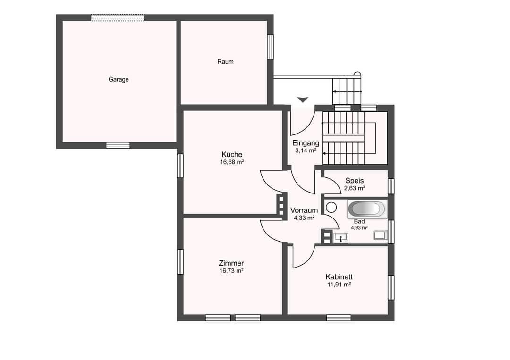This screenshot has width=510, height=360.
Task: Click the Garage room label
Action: click(x=119, y=79)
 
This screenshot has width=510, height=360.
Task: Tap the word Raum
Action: click(x=225, y=61)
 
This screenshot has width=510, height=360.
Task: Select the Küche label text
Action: click(x=232, y=154)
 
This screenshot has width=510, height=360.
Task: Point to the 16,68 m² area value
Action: click(x=232, y=162)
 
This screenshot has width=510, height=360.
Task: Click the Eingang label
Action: click(x=306, y=143)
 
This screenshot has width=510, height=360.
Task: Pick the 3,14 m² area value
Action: click(x=306, y=151)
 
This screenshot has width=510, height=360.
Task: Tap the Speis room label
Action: click(x=355, y=181)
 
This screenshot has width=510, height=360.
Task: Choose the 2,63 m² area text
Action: click(x=355, y=188)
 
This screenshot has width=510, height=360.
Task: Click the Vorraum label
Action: click(x=304, y=210)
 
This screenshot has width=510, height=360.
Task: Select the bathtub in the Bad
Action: click(x=367, y=209)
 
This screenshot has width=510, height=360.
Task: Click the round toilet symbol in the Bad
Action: click(x=331, y=207)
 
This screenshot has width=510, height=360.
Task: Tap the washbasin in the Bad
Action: click(x=340, y=238)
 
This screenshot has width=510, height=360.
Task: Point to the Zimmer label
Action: click(x=231, y=263)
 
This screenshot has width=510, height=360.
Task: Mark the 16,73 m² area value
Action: click(x=231, y=271)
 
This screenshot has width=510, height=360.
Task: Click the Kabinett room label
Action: click(x=339, y=277)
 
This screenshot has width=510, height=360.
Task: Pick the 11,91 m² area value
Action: click(x=339, y=285)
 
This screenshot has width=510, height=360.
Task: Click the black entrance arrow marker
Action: click(x=303, y=100)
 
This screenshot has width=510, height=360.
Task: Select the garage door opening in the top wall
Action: click(x=118, y=17)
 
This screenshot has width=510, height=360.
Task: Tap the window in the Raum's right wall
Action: click(x=270, y=47)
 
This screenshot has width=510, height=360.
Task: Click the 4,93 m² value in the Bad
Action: click(x=359, y=228)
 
